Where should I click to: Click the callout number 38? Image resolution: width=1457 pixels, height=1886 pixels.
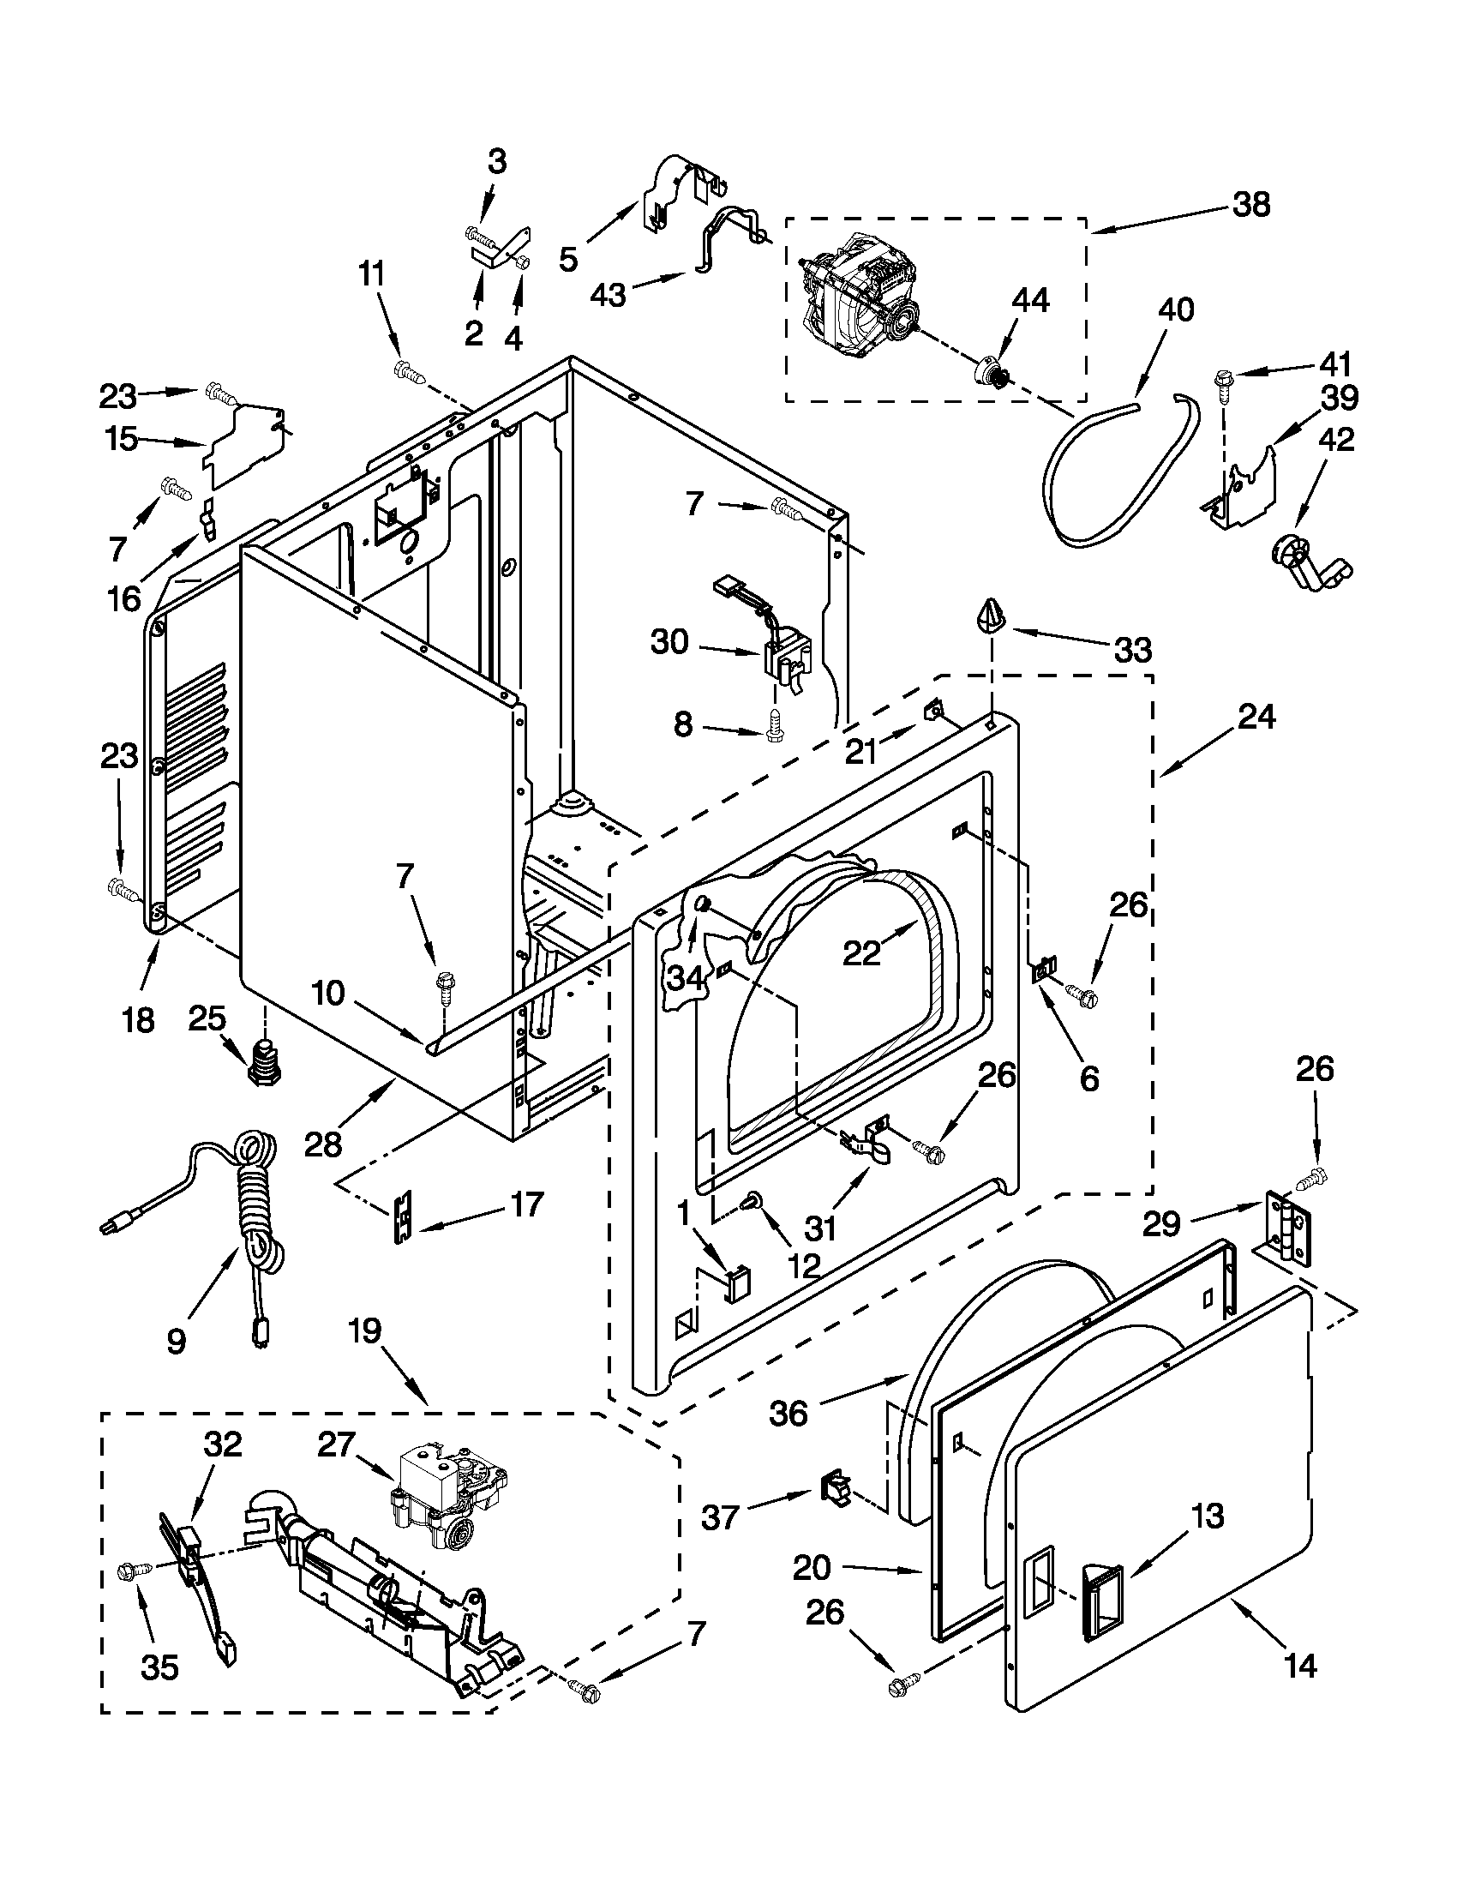point(1251,206)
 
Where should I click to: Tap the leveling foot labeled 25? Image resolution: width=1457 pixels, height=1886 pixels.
point(264,1061)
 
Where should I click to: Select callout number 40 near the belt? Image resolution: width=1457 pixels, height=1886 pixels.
point(1175,309)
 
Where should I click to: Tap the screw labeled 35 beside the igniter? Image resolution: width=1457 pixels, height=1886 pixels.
point(136,1572)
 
